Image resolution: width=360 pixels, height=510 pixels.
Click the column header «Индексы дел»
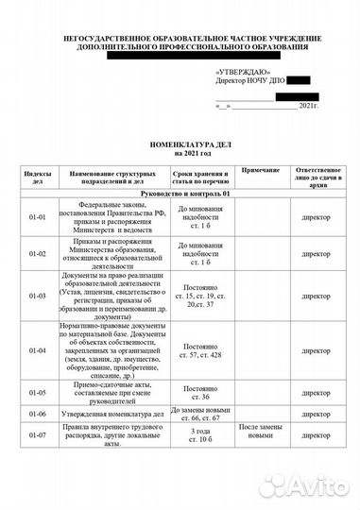pyautogui.click(x=38, y=177)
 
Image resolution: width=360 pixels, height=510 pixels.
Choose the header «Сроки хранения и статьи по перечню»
pyautogui.click(x=199, y=177)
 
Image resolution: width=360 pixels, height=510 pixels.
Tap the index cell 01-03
pyautogui.click(x=38, y=295)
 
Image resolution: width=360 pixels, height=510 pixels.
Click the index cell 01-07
pyautogui.click(x=38, y=435)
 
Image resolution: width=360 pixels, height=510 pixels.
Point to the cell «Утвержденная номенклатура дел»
pyautogui.click(x=113, y=414)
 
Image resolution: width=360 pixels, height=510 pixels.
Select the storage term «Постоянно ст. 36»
pyautogui.click(x=199, y=392)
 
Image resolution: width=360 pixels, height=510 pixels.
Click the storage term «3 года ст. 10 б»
pyautogui.click(x=199, y=435)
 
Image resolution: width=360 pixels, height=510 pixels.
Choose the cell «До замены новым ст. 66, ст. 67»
pyautogui.click(x=199, y=414)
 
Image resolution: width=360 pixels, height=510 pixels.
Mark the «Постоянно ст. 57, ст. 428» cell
pyautogui.click(x=199, y=349)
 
